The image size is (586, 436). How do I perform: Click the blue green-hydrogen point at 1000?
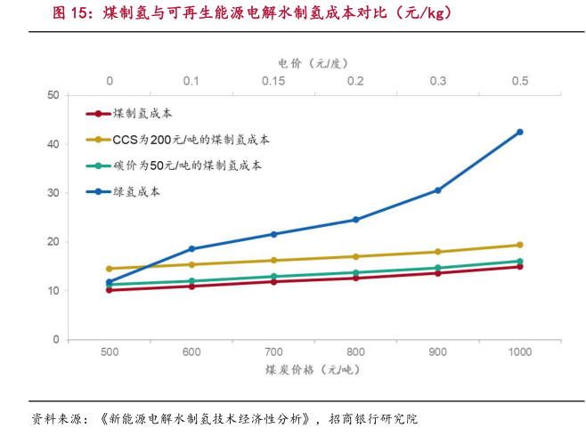520,132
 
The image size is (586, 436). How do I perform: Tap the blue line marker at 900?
438,190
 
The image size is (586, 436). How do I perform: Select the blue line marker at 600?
191,248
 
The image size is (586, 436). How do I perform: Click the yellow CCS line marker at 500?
110,269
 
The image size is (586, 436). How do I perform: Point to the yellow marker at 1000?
520,245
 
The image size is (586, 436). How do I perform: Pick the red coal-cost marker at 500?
110,290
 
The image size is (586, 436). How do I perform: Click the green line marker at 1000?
520,262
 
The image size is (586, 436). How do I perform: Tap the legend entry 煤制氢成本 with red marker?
142,114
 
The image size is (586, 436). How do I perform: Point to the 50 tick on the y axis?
53,94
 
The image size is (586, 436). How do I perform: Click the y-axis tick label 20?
53,242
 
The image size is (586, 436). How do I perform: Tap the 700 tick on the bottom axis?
273,352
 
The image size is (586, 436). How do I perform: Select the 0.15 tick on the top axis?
273,81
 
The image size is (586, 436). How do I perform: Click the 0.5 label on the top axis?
520,81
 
